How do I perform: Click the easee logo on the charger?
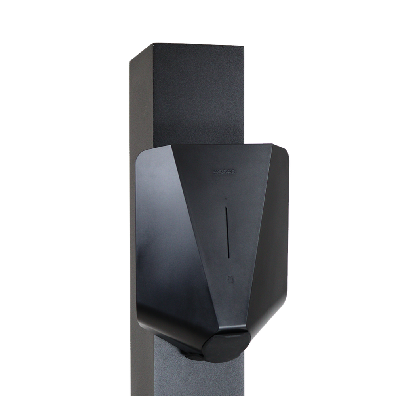coord(224,171)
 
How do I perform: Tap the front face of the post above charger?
coord(198,91)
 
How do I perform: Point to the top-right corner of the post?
coord(245,44)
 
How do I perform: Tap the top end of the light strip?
coord(226,207)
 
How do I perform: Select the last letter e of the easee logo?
coord(233,171)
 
